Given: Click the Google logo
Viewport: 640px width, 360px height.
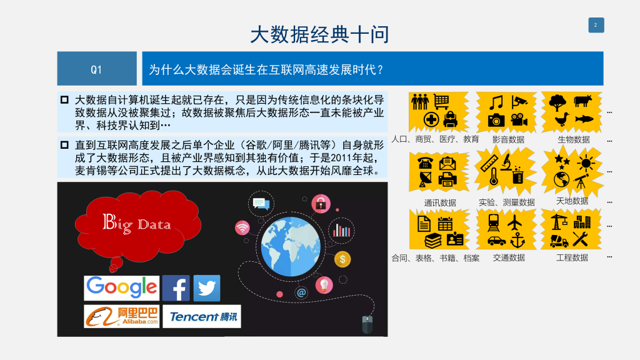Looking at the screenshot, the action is [122, 287].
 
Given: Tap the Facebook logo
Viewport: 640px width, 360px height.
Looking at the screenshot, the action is [176, 287].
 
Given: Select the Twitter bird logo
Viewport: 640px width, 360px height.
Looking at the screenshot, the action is [206, 287].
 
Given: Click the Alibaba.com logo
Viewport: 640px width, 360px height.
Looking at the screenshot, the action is [122, 316].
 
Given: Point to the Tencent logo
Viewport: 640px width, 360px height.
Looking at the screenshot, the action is [202, 316].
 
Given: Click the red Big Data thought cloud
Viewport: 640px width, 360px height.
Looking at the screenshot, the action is [137, 226].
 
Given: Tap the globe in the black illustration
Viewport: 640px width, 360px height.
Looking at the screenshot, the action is [291, 246].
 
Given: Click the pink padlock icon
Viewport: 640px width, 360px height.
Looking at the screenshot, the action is [321, 204].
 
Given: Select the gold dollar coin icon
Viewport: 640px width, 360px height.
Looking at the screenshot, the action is [342, 259].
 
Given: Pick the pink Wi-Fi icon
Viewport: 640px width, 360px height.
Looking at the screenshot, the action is [242, 227].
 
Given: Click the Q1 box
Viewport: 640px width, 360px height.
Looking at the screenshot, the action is [97, 69].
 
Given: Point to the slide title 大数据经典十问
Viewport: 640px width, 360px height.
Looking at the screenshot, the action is [319, 35].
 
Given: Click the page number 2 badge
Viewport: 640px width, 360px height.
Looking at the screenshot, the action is [596, 25].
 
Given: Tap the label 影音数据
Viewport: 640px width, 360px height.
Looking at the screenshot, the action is [508, 139].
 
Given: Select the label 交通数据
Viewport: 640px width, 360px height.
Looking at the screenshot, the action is [509, 257].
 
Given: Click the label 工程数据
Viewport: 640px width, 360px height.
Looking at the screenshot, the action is [572, 257].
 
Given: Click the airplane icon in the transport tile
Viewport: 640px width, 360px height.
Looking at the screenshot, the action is [515, 223].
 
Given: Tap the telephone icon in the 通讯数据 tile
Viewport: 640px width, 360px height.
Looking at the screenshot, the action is [425, 163].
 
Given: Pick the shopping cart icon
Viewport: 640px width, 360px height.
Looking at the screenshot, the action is [441, 102].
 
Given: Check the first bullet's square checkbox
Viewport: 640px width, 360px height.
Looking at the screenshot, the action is [64, 99].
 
